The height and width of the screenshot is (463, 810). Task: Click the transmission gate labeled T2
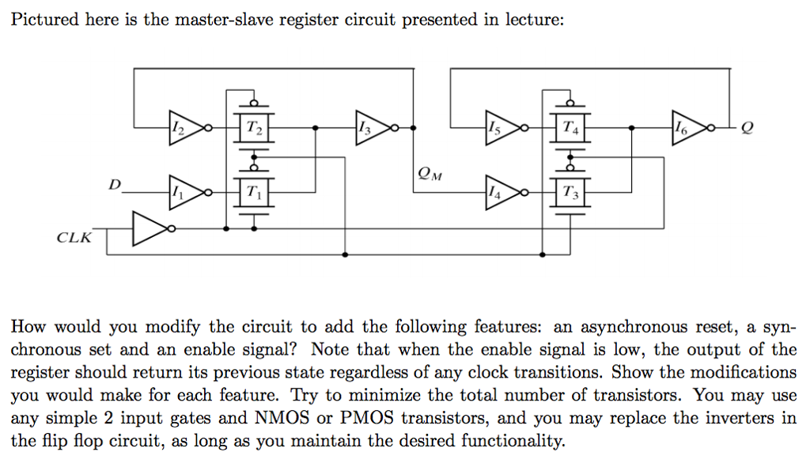click(252, 127)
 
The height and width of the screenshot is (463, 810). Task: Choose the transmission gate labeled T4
click(570, 127)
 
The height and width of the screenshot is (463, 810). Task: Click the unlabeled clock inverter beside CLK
click(147, 229)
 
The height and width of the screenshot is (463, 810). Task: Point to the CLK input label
click(74, 237)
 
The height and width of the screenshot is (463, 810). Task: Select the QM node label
click(426, 174)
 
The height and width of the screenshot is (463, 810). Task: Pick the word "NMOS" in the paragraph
click(286, 418)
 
